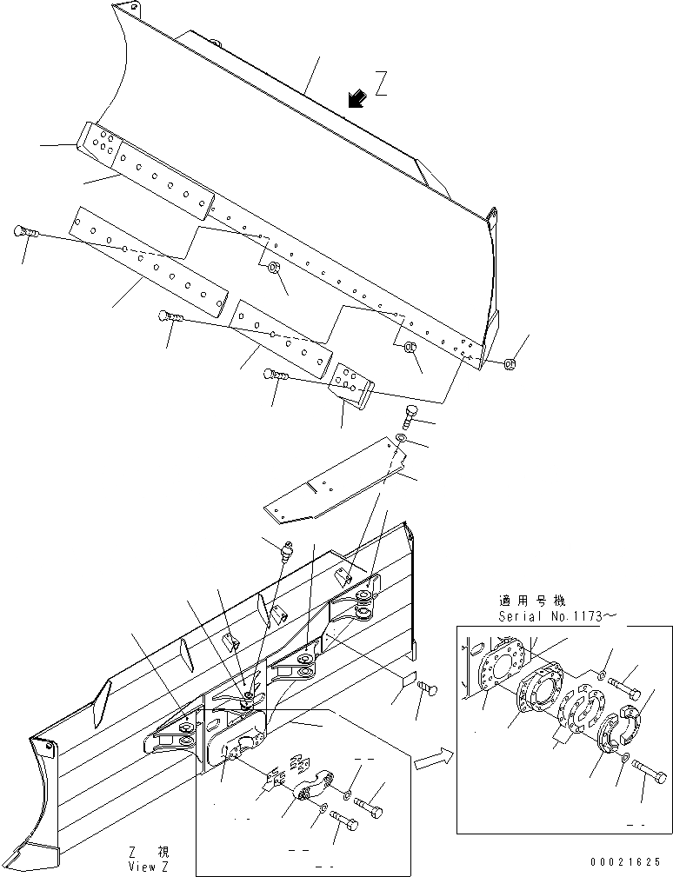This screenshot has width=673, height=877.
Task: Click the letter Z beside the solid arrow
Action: [x=380, y=84]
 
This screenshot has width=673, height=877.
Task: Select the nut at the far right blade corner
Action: [x=512, y=363]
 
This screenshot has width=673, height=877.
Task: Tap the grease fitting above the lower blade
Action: [x=289, y=550]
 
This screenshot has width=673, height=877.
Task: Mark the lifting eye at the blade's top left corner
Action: [x=126, y=9]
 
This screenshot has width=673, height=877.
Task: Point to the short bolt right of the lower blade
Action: [x=425, y=688]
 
